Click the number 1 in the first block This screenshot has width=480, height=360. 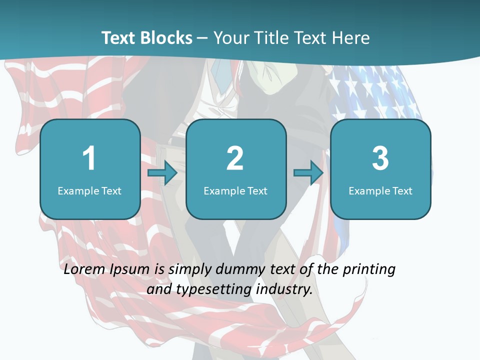[89, 158]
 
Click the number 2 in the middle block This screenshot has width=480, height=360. [235, 158]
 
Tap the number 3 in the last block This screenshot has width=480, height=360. [380, 158]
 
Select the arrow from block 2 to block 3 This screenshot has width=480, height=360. [308, 173]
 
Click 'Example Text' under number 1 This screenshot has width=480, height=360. [89, 190]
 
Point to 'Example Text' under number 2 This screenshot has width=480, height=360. [235, 190]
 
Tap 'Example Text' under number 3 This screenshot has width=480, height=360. [380, 190]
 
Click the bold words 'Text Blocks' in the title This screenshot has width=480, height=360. [147, 38]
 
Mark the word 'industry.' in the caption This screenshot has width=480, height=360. [284, 289]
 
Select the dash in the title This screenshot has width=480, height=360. [203, 38]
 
